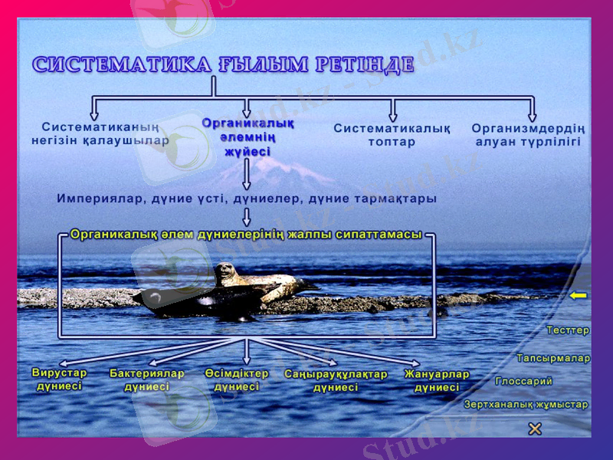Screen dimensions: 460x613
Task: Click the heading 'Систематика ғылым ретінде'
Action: pos(223,64)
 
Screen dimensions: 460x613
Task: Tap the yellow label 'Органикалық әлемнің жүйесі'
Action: pos(247,136)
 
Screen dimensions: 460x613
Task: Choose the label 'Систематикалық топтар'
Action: pos(392,135)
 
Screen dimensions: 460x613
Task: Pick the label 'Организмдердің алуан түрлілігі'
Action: pos(528,135)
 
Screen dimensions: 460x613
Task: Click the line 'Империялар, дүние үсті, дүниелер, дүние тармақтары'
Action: pos(247,199)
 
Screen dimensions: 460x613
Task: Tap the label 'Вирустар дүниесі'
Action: pos(60,379)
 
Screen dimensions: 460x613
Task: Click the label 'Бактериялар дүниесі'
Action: pos(147,380)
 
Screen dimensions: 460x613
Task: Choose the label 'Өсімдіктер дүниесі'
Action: pos(237,380)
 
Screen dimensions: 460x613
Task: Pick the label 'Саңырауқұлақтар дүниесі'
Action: pos(336,381)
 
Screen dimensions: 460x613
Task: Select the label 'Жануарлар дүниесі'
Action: pos(437,381)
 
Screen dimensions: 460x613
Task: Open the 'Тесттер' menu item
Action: pos(568,330)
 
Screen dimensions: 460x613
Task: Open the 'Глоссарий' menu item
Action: pos(523,381)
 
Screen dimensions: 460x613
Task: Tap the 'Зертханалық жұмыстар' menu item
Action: pos(526,404)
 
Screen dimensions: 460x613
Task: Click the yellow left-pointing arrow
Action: pos(578,295)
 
